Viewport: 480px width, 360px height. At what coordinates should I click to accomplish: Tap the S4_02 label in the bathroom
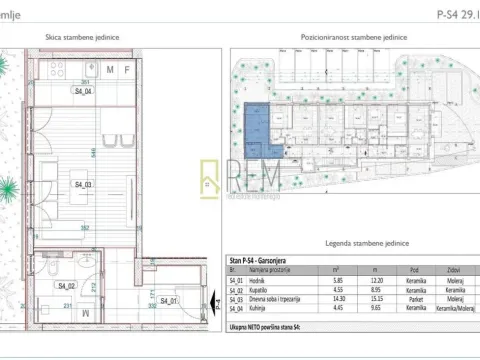(x=69, y=286)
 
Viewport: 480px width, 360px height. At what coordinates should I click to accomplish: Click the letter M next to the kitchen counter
(x=112, y=70)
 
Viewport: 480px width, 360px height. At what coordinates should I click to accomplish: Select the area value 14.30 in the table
(x=337, y=305)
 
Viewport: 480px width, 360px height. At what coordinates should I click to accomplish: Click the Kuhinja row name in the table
(x=261, y=313)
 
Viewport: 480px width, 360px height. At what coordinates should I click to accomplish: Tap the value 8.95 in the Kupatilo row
(x=375, y=297)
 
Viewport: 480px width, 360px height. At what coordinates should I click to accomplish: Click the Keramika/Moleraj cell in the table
(x=456, y=313)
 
